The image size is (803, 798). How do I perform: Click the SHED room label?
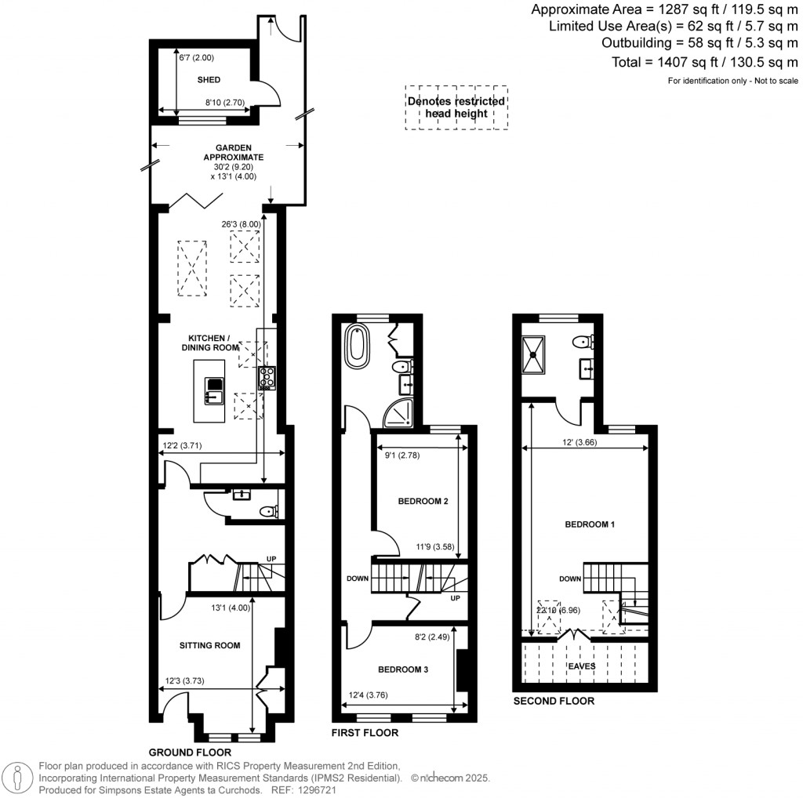pyautogui.click(x=209, y=80)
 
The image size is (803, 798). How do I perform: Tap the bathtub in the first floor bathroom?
pyautogui.click(x=358, y=348)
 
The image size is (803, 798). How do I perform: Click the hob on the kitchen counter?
pyautogui.click(x=267, y=378)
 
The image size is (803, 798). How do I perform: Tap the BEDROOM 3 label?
pyautogui.click(x=403, y=669)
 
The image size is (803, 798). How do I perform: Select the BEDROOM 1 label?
pyautogui.click(x=589, y=524)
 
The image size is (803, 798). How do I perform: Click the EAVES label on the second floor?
pyautogui.click(x=582, y=666)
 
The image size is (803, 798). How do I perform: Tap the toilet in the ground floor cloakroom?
pyautogui.click(x=269, y=511)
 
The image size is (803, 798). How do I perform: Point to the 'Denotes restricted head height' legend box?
pyautogui.click(x=456, y=107)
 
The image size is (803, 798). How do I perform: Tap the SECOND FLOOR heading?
pyautogui.click(x=554, y=701)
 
